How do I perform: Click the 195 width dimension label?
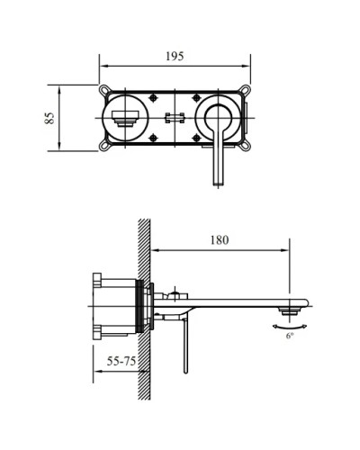175,56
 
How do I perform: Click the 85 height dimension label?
50,117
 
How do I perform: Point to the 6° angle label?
289,335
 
